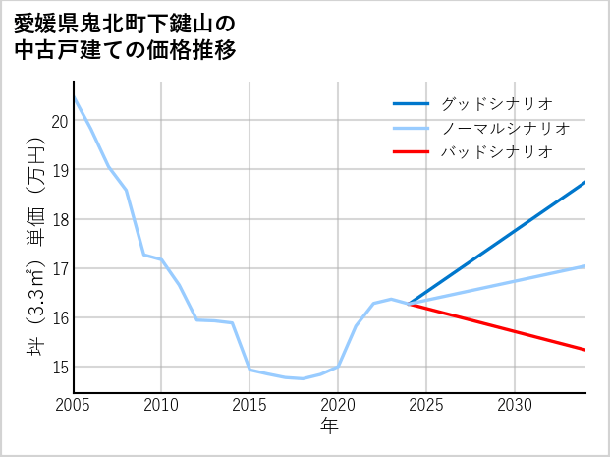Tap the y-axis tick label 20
point(59,121)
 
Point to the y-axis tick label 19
point(59,170)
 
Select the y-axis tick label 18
point(59,219)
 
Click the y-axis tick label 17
point(59,268)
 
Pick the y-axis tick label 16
point(59,317)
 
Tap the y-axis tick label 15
point(59,367)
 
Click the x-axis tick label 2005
point(74,405)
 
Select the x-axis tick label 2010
point(161,405)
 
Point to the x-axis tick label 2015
point(250,405)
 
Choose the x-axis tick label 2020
point(338,405)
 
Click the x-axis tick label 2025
point(426,405)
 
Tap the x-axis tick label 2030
point(515,405)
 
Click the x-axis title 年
point(329,426)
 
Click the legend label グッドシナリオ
point(496,103)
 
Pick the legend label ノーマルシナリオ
point(505,128)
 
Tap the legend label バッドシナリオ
point(496,152)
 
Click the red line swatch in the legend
point(411,152)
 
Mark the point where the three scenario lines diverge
point(409,304)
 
